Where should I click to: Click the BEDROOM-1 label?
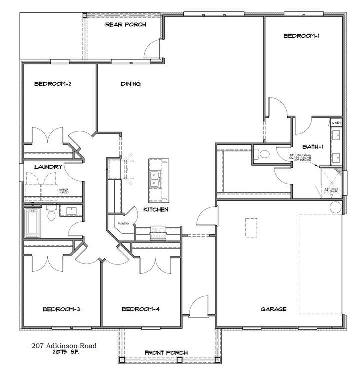[301, 36]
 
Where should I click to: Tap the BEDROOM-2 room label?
[52, 84]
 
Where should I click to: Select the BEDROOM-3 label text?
[61, 309]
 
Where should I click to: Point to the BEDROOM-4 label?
[140, 309]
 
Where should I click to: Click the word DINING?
[130, 84]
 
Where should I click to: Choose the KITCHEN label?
[155, 210]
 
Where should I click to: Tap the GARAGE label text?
[273, 309]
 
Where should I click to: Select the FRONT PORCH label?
[166, 353]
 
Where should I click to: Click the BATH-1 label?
[314, 147]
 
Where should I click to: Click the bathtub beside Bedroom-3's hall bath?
[31, 222]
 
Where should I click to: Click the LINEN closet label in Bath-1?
[337, 122]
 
